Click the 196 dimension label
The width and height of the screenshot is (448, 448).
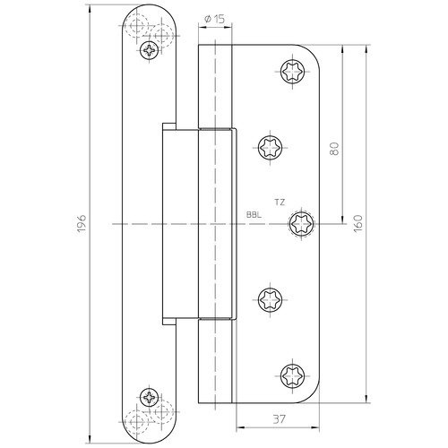click(x=82, y=224)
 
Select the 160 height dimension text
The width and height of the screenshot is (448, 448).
click(x=358, y=223)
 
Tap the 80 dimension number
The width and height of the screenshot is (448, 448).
click(x=335, y=149)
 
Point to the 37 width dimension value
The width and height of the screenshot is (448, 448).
click(x=280, y=419)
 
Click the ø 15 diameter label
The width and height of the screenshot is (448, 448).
click(x=214, y=20)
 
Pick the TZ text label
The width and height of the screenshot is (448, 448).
click(x=280, y=202)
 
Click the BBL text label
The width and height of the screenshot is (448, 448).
click(x=254, y=214)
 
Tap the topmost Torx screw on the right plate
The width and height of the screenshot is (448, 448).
click(x=293, y=72)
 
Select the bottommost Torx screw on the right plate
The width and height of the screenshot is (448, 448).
click(x=293, y=376)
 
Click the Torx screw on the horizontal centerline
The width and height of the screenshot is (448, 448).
click(x=301, y=223)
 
